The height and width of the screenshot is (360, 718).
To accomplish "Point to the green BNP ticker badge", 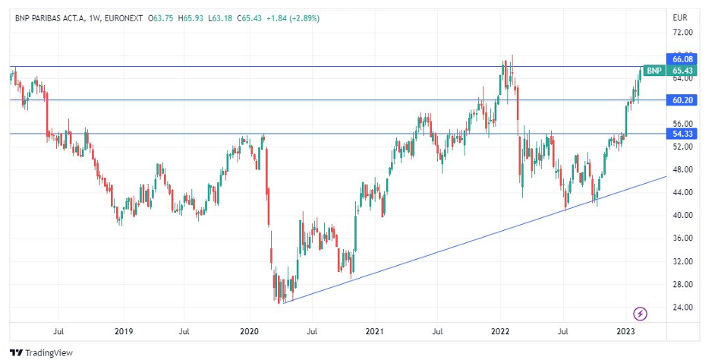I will pyautogui.click(x=654, y=71).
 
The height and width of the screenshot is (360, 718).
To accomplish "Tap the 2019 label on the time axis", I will pyautogui.click(x=124, y=331).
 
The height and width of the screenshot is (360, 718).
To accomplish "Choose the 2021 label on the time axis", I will pyautogui.click(x=374, y=331).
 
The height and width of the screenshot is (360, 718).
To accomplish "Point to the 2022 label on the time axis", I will pyautogui.click(x=499, y=331).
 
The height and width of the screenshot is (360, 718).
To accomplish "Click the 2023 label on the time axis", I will pyautogui.click(x=625, y=331).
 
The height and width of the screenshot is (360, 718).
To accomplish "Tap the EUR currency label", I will pyautogui.click(x=680, y=17).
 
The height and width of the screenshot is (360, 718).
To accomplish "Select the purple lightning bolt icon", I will pyautogui.click(x=641, y=313).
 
